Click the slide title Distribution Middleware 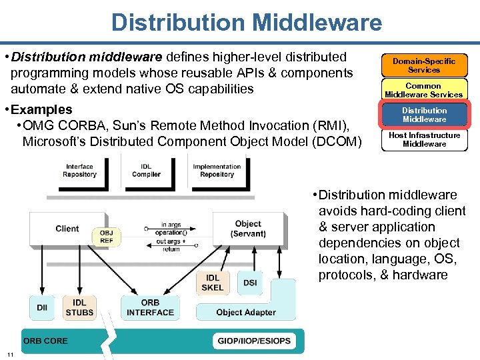247,22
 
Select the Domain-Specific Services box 424,65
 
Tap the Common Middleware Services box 424,90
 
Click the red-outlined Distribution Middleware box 424,115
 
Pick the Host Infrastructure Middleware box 424,139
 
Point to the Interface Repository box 79,171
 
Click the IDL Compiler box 146,171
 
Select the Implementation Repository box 217,171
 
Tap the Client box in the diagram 67,229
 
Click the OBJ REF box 106,236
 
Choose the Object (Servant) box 247,229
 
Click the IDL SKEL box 213,283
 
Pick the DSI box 250,283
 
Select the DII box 42,307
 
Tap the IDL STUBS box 79,307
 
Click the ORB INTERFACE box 150,307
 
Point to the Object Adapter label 246,312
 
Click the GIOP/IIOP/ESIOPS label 254,341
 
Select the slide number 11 11,353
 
